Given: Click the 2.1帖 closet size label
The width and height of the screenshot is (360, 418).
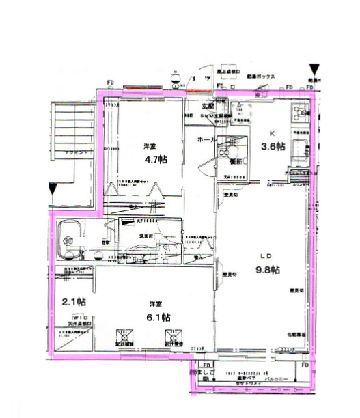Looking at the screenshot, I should [73, 301].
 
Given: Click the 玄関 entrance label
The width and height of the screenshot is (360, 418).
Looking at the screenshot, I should [208, 107].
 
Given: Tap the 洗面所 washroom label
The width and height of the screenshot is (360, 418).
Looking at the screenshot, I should [148, 236].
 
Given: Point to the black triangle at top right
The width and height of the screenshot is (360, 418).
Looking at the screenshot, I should [314, 70].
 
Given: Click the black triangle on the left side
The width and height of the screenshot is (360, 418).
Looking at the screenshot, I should [54, 189].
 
